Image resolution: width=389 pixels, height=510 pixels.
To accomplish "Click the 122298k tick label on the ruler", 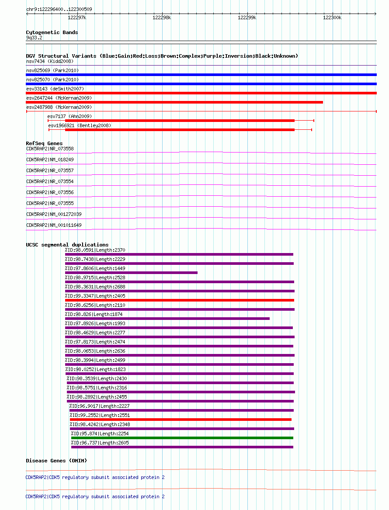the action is pos(162,17).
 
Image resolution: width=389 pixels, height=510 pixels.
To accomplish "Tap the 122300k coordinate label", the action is pos(332,17).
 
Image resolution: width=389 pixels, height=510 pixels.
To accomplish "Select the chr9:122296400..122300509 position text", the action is pos(59,9).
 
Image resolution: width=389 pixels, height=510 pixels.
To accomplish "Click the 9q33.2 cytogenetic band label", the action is pos(34,38).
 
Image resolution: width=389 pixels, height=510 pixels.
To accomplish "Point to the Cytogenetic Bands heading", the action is pos(52,32).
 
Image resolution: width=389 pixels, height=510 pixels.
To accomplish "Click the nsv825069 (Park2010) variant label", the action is pos(52,71).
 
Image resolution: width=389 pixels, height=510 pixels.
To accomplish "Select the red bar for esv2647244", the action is pos(174,102).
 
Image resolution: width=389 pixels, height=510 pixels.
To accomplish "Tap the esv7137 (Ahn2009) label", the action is pos(69,116).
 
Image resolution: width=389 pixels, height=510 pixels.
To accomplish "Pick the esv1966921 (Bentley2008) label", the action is pos(80,125).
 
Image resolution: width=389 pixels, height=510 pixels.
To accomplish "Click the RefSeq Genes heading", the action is pos(44,143).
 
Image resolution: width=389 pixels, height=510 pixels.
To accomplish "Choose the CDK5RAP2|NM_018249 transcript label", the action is pos(50,160).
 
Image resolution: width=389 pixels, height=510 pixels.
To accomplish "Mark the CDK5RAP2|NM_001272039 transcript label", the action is pos(54,214).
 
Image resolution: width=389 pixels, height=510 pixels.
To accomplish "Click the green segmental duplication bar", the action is pos(182,438).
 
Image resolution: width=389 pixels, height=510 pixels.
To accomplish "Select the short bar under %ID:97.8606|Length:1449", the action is pos(131,273).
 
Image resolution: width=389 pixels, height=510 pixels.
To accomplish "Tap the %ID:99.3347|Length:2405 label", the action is pos(95,296).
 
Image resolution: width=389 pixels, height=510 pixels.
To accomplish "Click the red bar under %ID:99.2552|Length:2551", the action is pos(181,420).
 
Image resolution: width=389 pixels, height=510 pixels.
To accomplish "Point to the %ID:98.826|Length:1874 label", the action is pos(94,315).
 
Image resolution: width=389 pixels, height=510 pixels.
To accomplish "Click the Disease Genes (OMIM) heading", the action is pos(56,461).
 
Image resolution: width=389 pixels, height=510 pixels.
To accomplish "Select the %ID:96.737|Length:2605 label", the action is pos(100,443).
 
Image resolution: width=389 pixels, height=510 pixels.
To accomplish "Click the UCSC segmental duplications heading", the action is pos(67,245).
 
